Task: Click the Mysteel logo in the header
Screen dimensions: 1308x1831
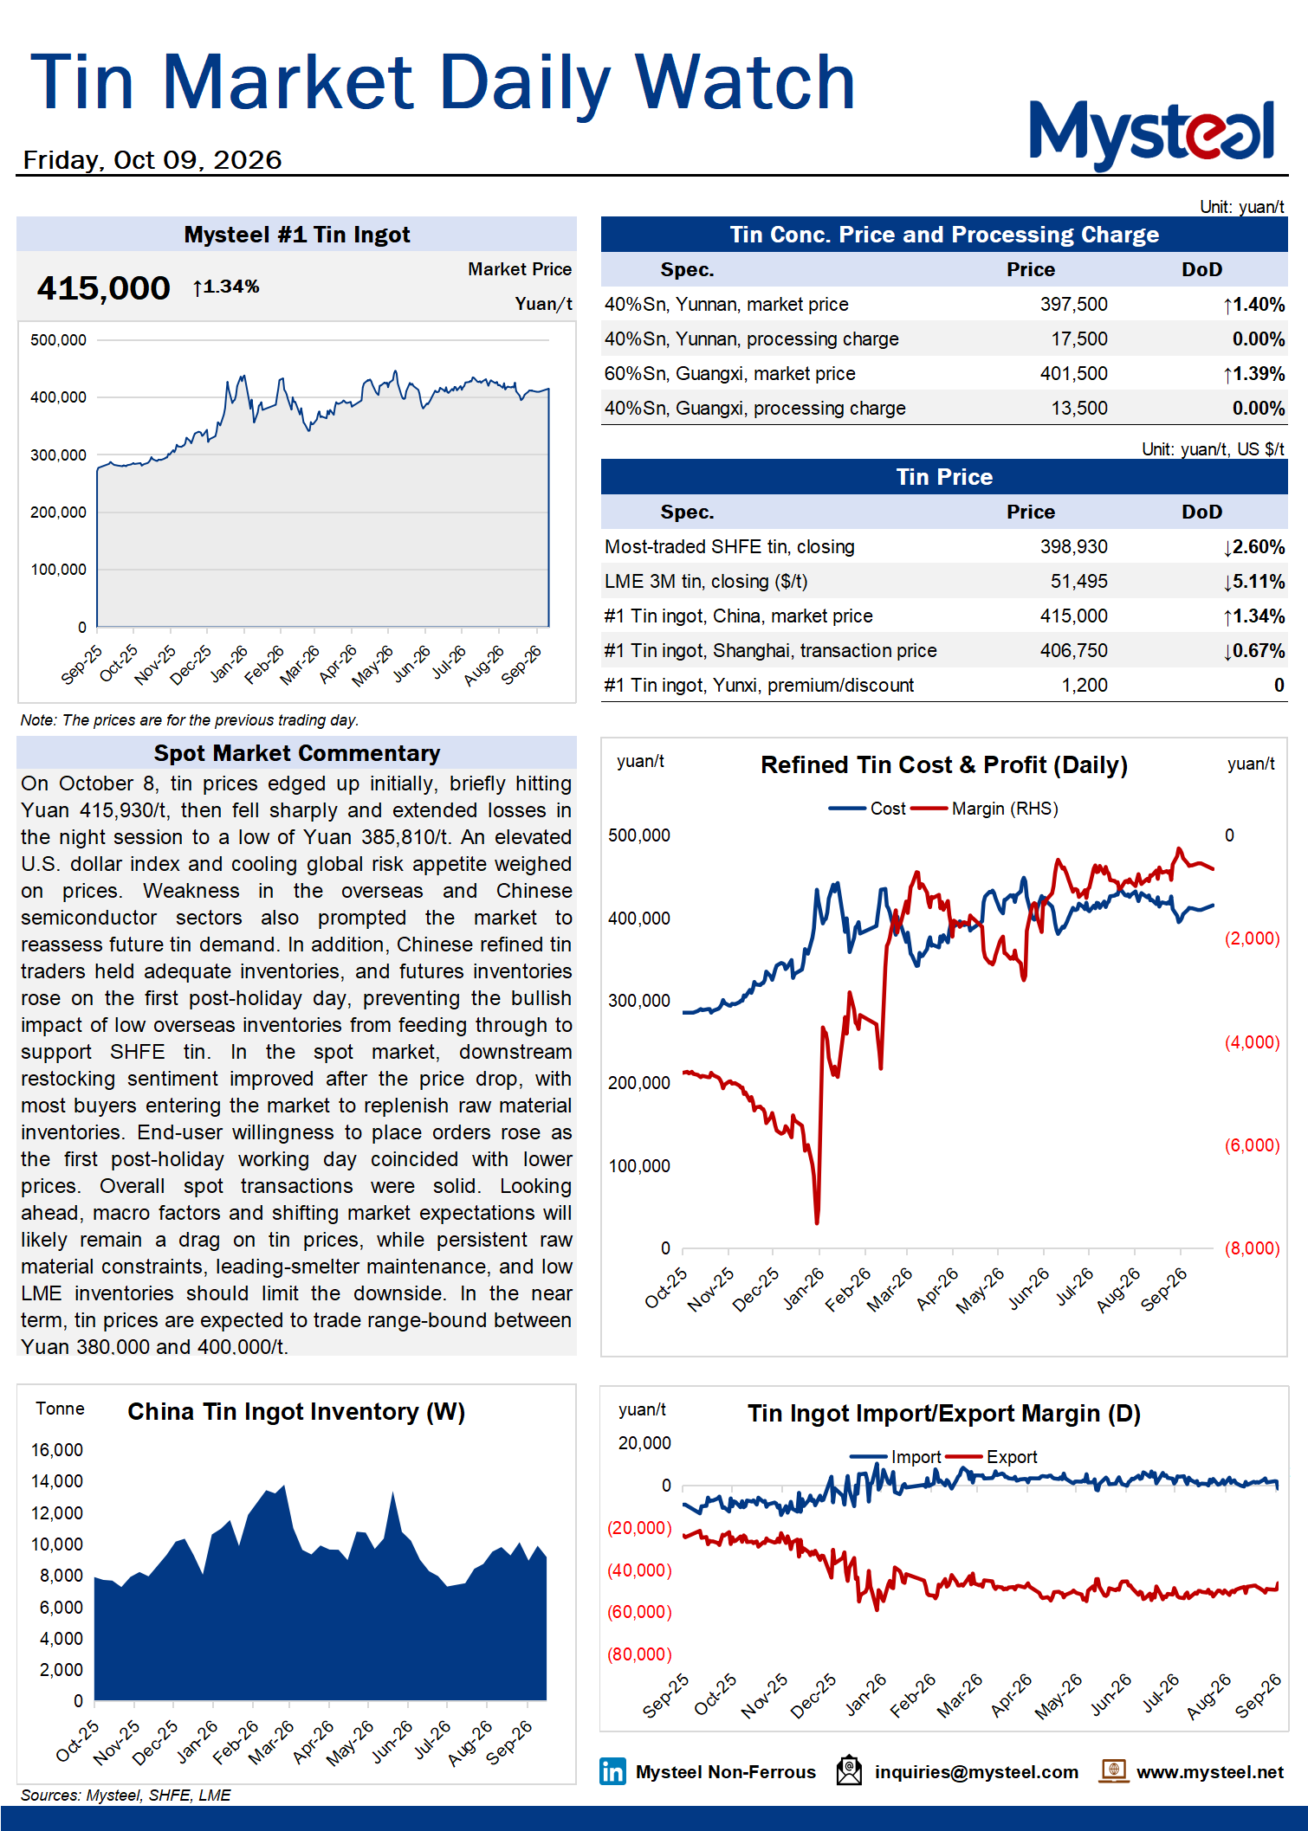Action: pyautogui.click(x=1151, y=134)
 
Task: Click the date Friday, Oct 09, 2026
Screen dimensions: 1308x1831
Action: pyautogui.click(x=152, y=160)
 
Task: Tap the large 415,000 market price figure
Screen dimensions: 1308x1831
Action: pyautogui.click(x=103, y=288)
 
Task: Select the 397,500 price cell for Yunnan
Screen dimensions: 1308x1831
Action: pyautogui.click(x=1073, y=305)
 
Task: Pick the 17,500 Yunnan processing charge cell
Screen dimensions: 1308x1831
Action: pyautogui.click(x=1078, y=339)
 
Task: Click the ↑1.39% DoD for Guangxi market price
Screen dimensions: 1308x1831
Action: pyautogui.click(x=1253, y=374)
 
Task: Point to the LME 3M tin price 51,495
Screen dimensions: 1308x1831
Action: pyautogui.click(x=1078, y=582)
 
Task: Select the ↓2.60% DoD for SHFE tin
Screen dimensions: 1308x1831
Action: pyautogui.click(x=1253, y=547)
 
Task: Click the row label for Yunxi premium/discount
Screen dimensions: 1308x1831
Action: pyautogui.click(x=759, y=686)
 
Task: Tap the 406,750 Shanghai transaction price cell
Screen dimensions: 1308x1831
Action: pyautogui.click(x=1073, y=651)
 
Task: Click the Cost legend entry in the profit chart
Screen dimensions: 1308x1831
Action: pyautogui.click(x=867, y=809)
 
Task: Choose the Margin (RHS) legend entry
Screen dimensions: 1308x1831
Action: pyautogui.click(x=985, y=809)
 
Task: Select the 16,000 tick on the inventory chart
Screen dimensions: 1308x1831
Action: pyautogui.click(x=57, y=1450)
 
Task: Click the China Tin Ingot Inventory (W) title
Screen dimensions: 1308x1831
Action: pyautogui.click(x=296, y=1412)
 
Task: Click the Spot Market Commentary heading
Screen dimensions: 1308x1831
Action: pyautogui.click(x=297, y=753)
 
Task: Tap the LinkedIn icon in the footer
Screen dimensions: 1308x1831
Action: pyautogui.click(x=612, y=1772)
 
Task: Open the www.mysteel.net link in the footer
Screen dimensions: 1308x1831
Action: pyautogui.click(x=1209, y=1772)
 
